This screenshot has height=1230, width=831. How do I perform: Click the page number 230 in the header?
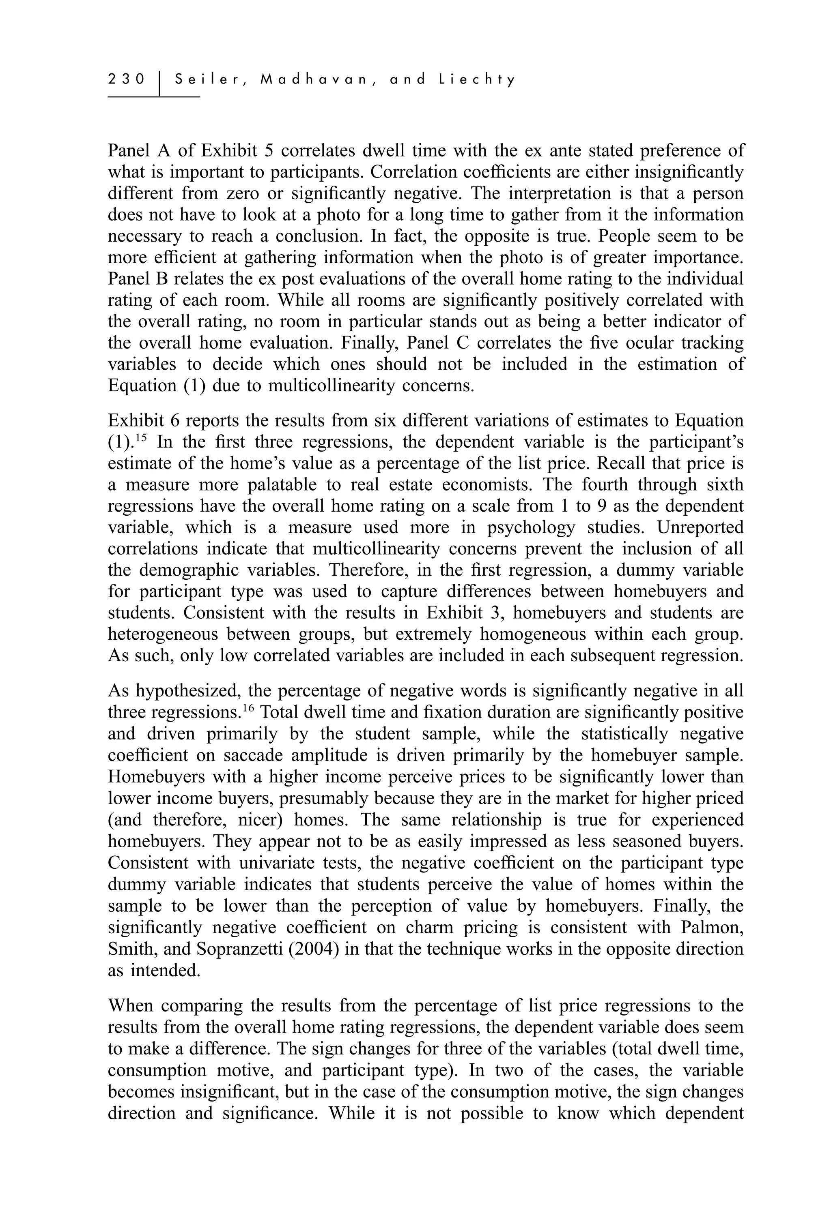pyautogui.click(x=126, y=80)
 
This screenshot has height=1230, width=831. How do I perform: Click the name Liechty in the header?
pyautogui.click(x=477, y=80)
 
